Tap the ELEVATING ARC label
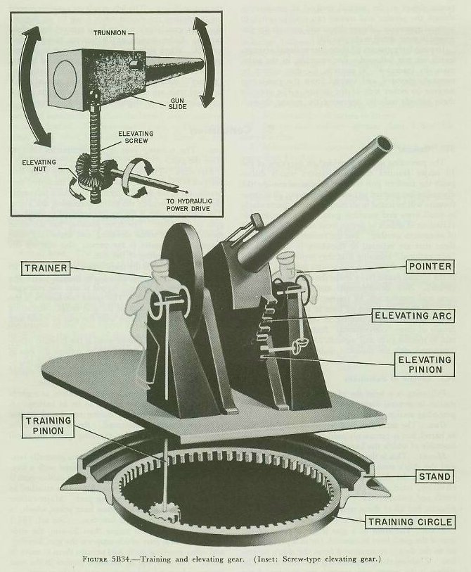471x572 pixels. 418,317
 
